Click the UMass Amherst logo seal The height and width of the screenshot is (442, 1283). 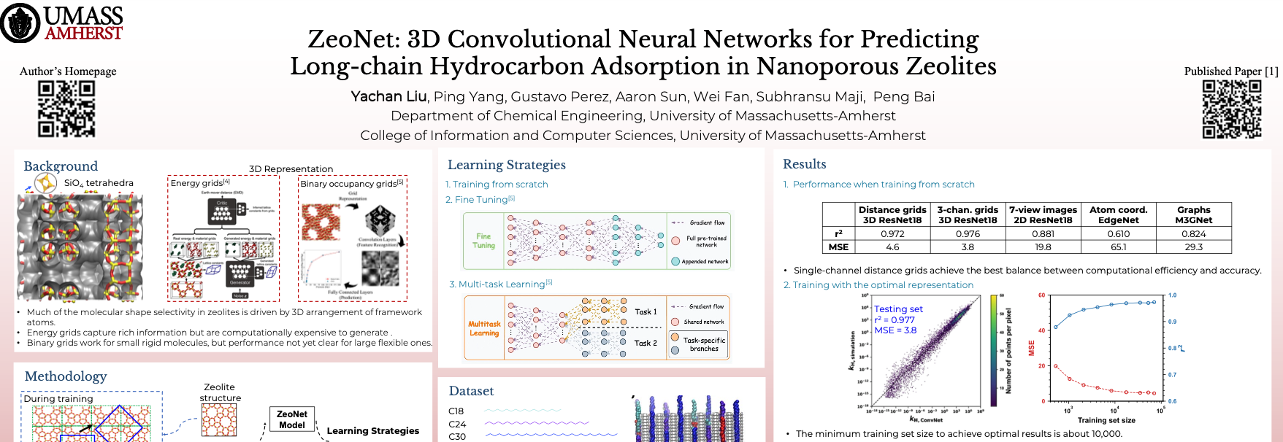[20, 23]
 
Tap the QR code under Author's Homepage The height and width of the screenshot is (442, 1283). [66, 109]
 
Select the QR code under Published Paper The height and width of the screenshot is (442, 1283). [1232, 109]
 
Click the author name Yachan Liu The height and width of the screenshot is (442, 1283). [388, 96]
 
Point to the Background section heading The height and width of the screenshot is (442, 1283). [61, 166]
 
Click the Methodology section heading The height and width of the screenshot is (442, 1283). [66, 376]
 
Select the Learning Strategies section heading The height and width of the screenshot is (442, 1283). [506, 165]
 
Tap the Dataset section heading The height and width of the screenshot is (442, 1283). [471, 391]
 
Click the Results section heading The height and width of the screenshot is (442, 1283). [804, 164]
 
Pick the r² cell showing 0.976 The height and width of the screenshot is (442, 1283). [968, 234]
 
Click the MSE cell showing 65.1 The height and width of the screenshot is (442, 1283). [1118, 247]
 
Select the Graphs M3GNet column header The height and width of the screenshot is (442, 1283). [1193, 214]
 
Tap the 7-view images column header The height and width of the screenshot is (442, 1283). [1043, 214]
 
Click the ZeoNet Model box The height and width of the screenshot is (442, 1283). [292, 419]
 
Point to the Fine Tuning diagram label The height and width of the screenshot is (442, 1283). [483, 241]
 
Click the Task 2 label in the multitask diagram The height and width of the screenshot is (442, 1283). [646, 343]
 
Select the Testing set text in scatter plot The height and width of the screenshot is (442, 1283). [898, 309]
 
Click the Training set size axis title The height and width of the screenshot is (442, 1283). [1106, 420]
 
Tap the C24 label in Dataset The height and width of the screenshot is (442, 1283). [457, 424]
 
